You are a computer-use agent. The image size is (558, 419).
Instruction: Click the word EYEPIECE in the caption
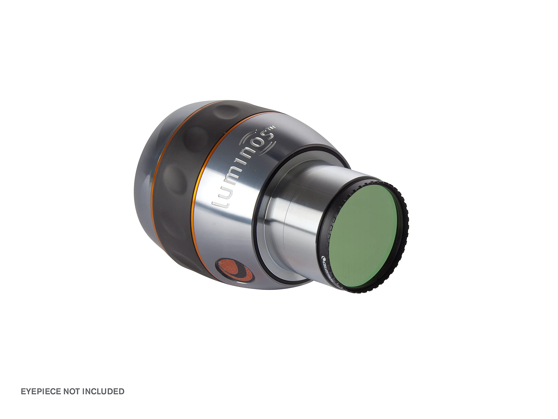pos(41,391)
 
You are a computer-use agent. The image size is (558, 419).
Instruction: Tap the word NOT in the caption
pos(71,391)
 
